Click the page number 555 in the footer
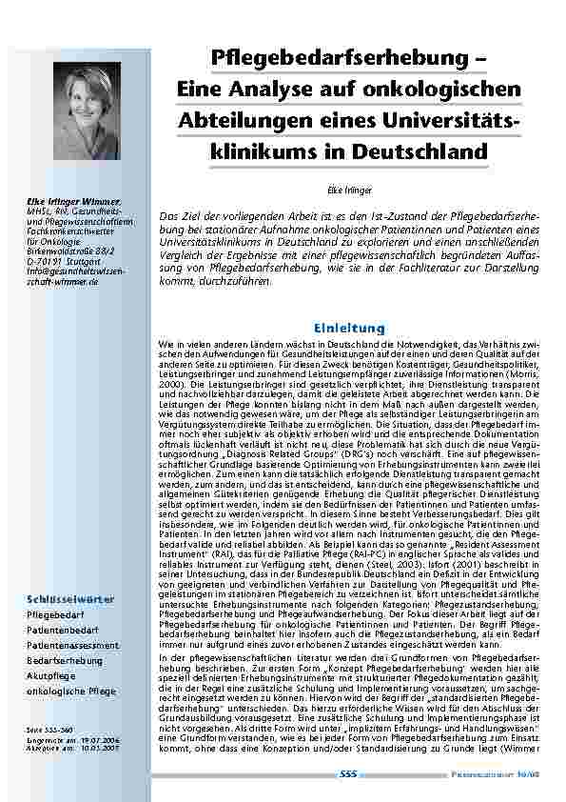pos(347,776)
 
